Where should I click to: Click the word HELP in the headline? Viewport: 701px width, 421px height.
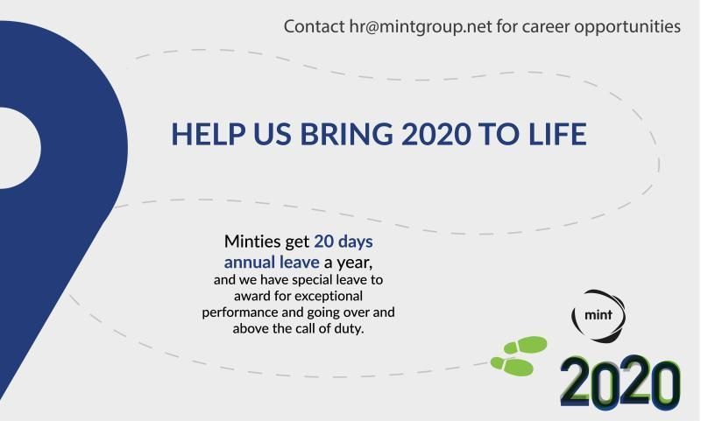click(204, 136)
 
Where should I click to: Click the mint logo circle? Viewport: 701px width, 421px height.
click(598, 312)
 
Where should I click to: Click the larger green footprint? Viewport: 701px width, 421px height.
click(527, 345)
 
